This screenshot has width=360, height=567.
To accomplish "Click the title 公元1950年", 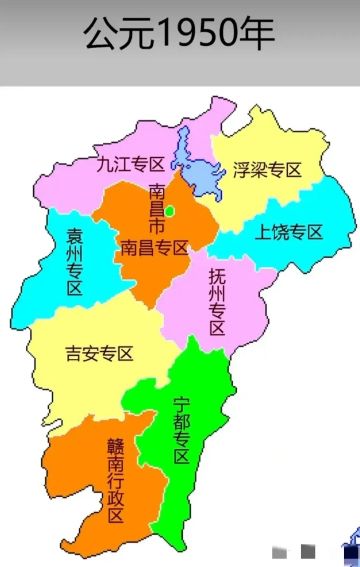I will pos(180,34).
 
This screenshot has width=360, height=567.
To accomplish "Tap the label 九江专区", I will pos(131,165).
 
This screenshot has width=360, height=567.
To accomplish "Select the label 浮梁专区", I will pos(267,170).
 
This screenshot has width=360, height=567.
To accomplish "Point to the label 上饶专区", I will pos(289,232).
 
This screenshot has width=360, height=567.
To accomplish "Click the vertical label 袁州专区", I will pos(74,262).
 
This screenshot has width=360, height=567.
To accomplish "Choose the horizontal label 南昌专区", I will pos(155,248).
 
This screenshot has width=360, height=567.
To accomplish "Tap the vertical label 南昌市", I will pos(156,209).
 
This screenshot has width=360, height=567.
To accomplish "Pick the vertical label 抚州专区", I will pos(217,303).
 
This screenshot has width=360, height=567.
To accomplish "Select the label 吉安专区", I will pos(100,353).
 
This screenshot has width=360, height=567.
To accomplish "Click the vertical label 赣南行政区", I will pos(116,481).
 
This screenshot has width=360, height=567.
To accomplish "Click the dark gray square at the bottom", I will pos(308,551).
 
